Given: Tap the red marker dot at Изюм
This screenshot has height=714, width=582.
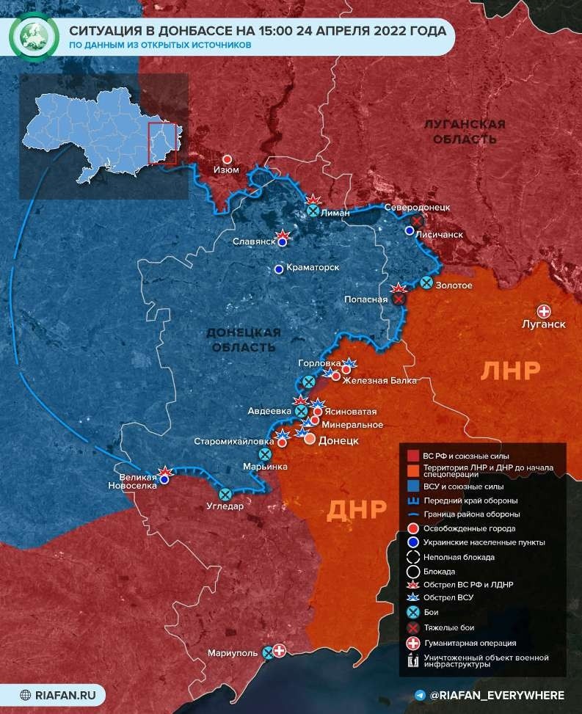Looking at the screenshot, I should pyautogui.click(x=228, y=159).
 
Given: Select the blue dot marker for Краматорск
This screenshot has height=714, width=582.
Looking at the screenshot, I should pyautogui.click(x=279, y=269).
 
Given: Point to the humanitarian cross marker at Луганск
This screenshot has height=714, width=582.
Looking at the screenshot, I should pyautogui.click(x=544, y=310).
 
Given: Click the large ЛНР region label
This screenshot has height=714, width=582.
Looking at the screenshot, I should pyautogui.click(x=511, y=371).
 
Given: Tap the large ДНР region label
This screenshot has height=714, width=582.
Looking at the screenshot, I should pyautogui.click(x=355, y=509).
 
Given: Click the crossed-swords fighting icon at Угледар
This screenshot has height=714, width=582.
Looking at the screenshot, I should pyautogui.click(x=225, y=494).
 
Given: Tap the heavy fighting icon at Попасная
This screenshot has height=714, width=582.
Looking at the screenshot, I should pyautogui.click(x=399, y=299).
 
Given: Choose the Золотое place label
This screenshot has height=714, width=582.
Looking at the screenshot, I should pyautogui.click(x=454, y=285).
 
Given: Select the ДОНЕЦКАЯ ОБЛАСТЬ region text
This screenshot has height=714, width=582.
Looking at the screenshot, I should pyautogui.click(x=244, y=338).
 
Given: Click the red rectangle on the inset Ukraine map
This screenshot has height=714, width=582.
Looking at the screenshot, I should pyautogui.click(x=162, y=144).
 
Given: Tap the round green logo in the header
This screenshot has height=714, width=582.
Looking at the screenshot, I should pyautogui.click(x=32, y=35).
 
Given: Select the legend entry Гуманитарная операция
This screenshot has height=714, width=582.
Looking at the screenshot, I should pyautogui.click(x=465, y=643).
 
